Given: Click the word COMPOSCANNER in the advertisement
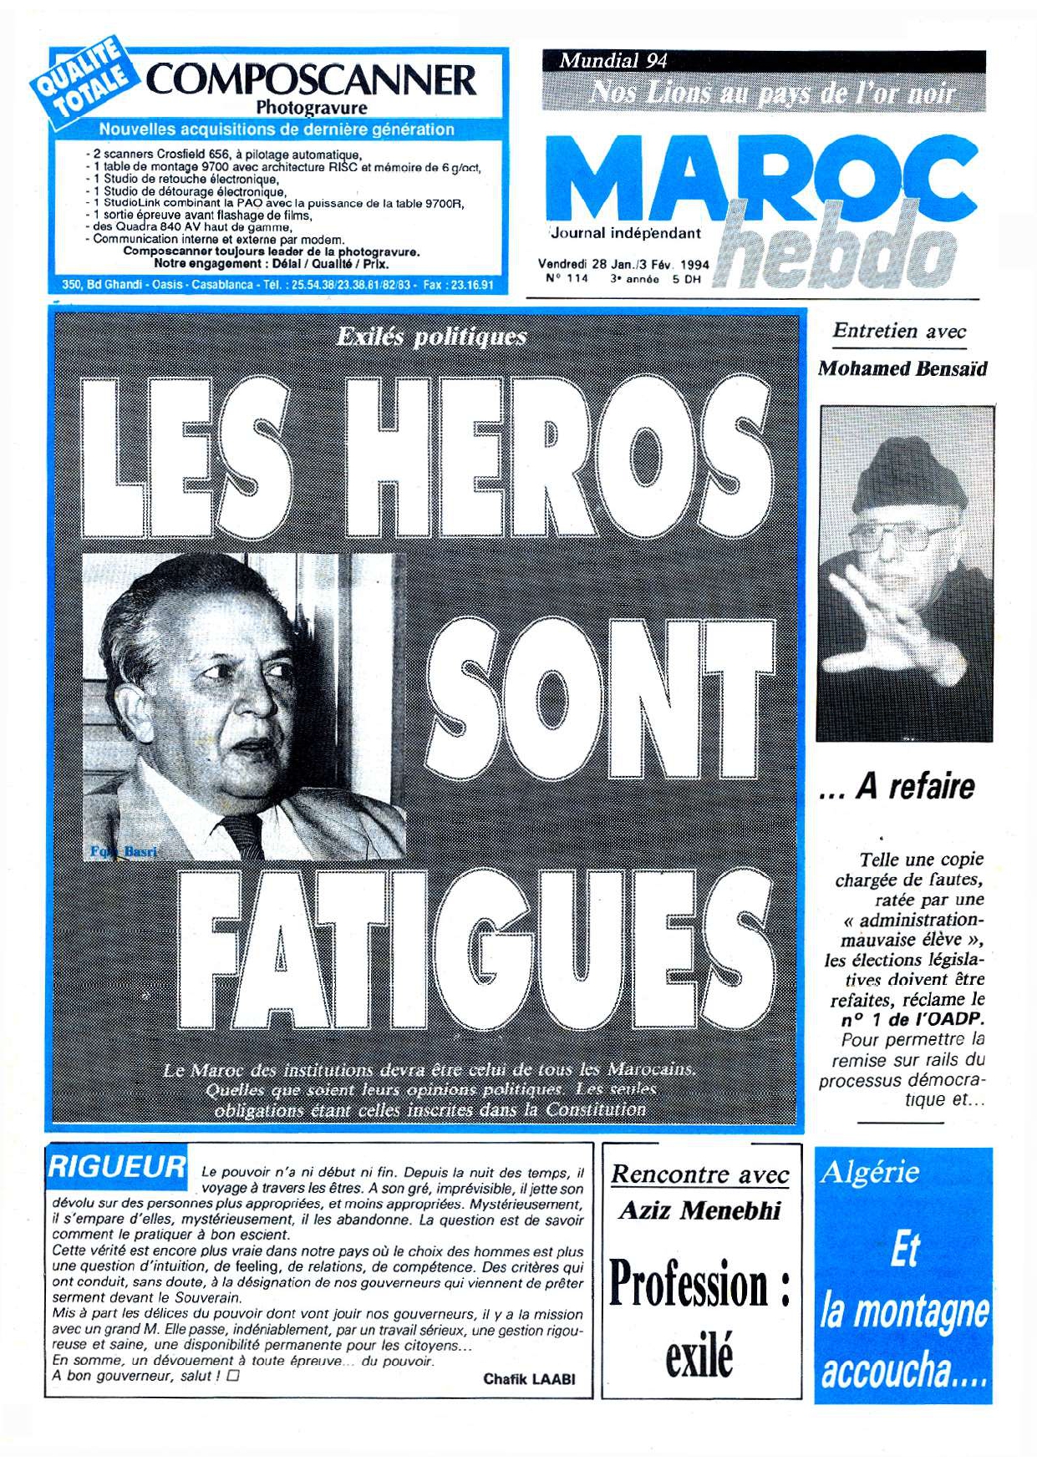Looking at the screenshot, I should pyautogui.click(x=311, y=81).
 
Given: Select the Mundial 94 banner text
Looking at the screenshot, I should pyautogui.click(x=613, y=60).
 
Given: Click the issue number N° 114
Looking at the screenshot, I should pyautogui.click(x=567, y=279).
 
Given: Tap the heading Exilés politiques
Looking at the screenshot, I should pyautogui.click(x=431, y=337).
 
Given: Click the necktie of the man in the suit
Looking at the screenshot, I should pyautogui.click(x=244, y=835).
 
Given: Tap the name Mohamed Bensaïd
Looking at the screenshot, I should pyautogui.click(x=902, y=368).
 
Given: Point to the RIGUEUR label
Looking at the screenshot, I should pyautogui.click(x=117, y=1166).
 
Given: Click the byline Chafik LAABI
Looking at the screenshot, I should pyautogui.click(x=529, y=1379).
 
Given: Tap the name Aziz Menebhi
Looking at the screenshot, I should pyautogui.click(x=699, y=1210).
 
